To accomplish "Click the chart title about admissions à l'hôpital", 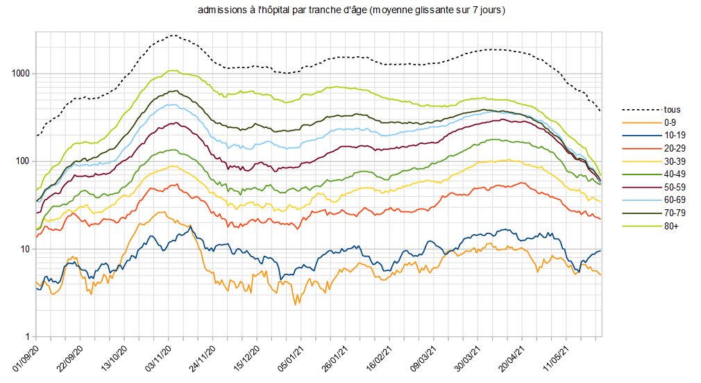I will [351, 10].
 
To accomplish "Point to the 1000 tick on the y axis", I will [20, 74].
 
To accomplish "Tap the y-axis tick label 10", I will [25, 249].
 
